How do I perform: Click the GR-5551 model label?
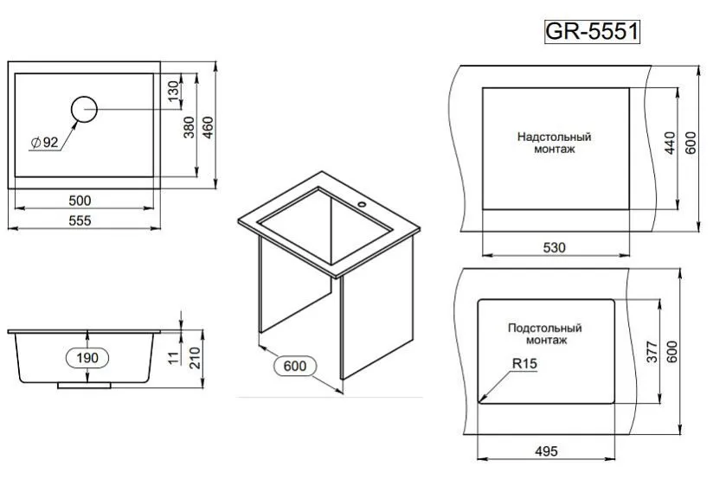(x=592, y=32)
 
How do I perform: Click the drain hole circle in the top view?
(x=84, y=97)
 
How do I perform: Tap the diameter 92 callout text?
(x=45, y=142)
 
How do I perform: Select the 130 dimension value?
(x=173, y=91)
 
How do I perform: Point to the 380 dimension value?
(x=189, y=127)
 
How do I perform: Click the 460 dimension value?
(x=208, y=128)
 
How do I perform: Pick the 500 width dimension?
(x=80, y=201)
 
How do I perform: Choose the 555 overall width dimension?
(x=80, y=220)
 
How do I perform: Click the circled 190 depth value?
(x=87, y=358)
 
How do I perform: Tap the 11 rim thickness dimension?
(x=174, y=357)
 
